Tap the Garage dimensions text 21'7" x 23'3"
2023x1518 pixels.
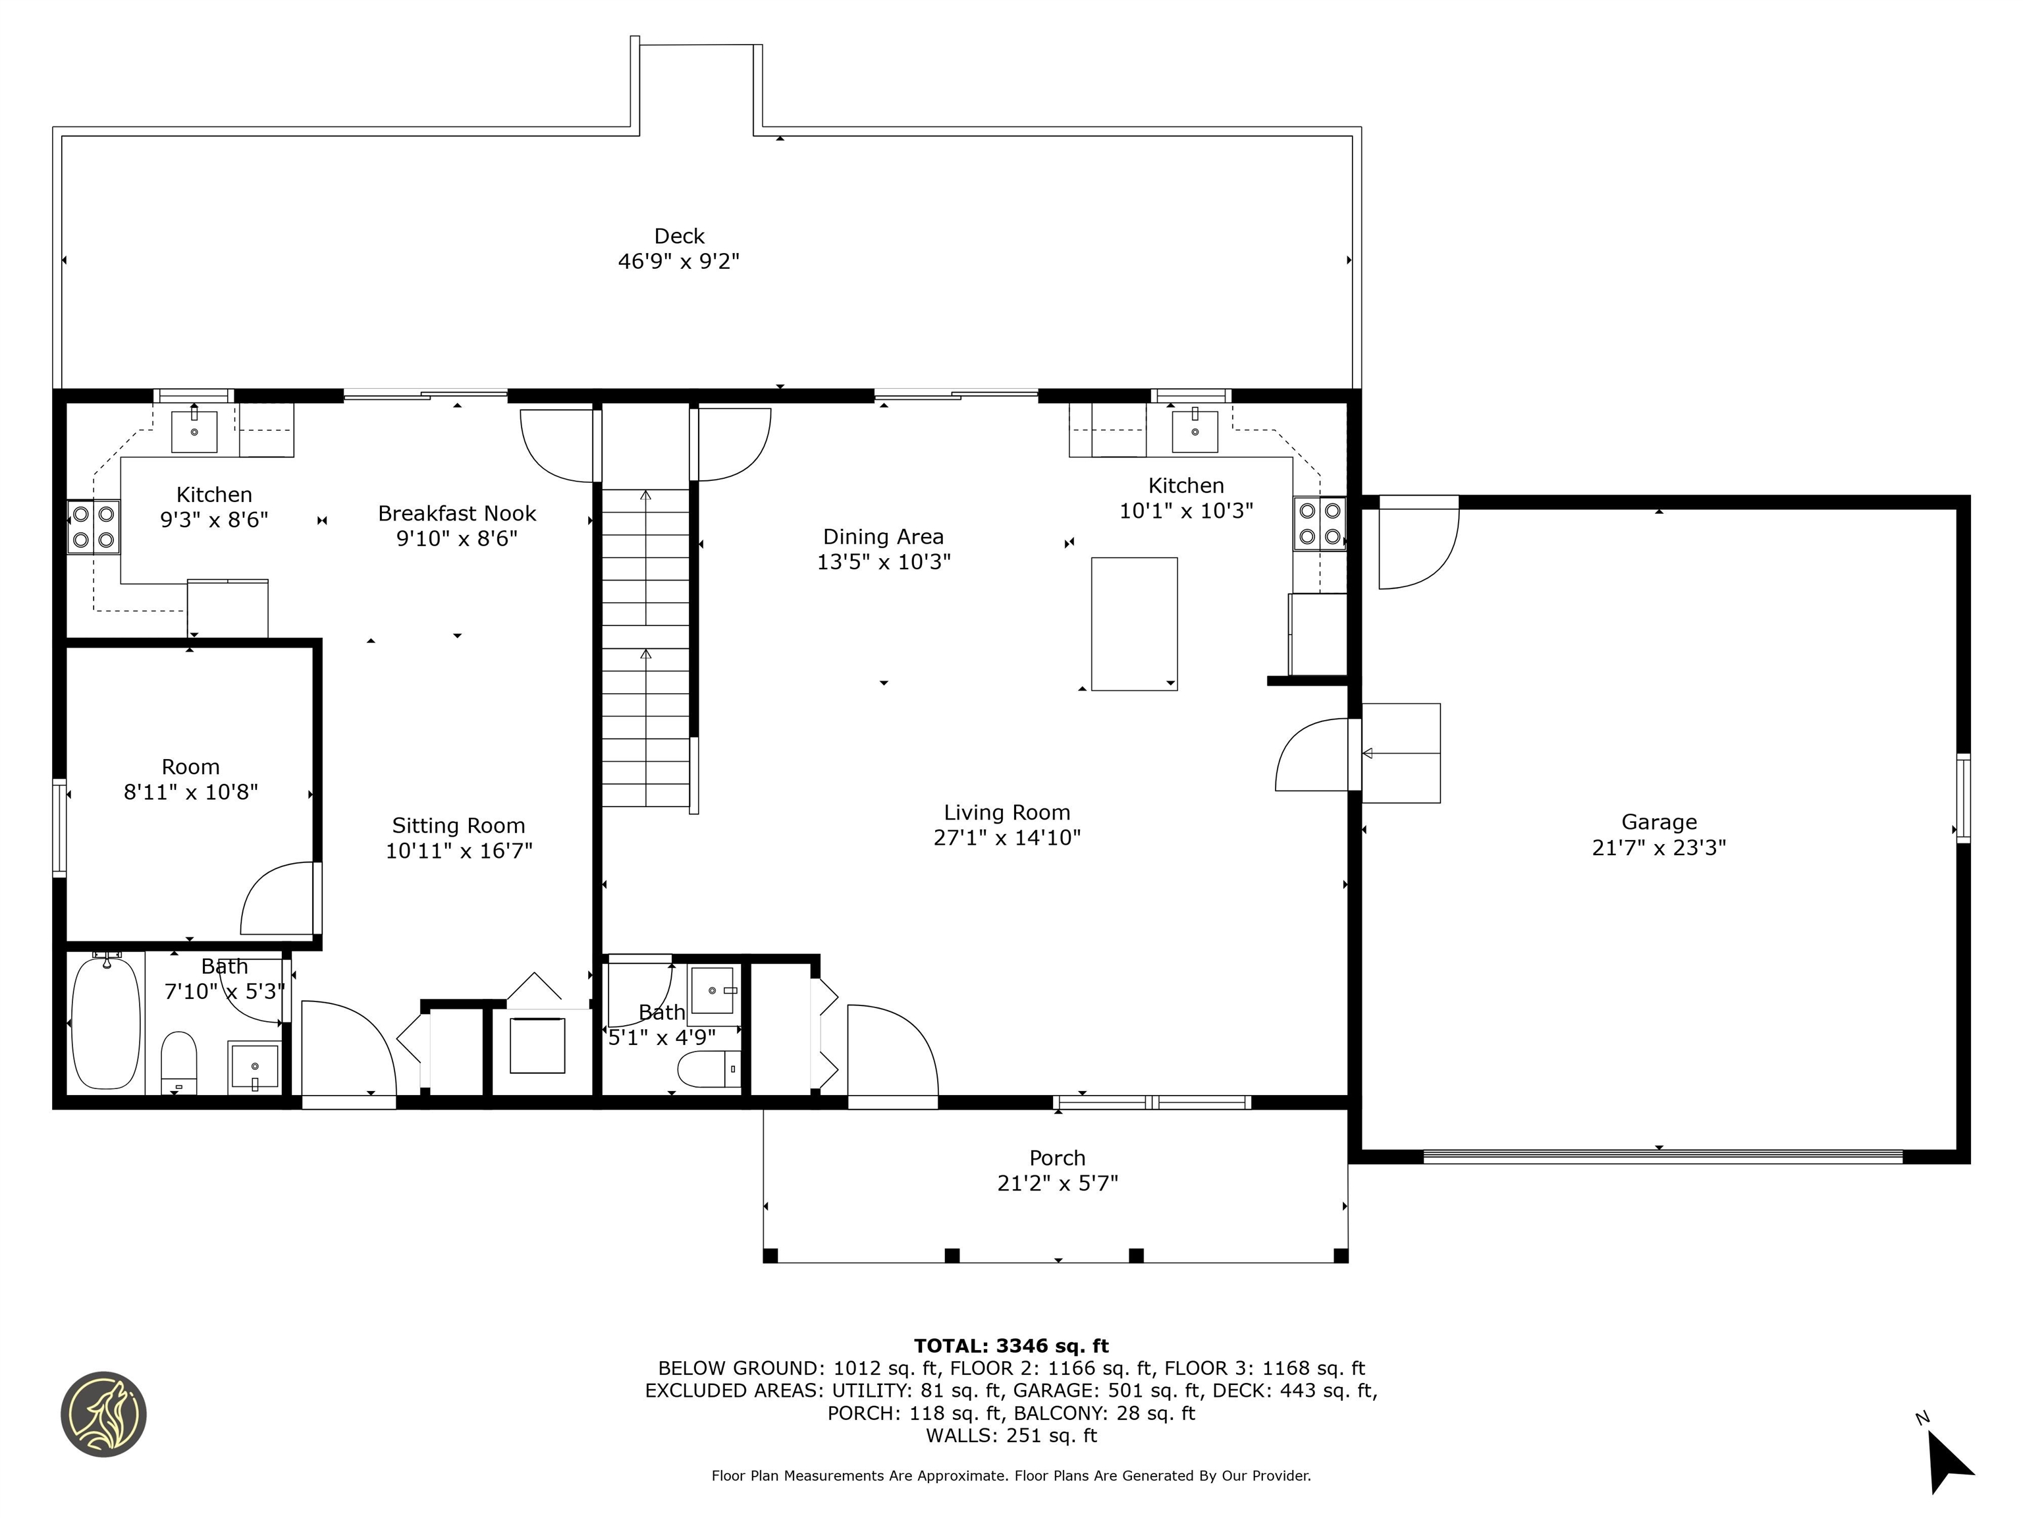[x=1658, y=847]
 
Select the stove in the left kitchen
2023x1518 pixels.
[x=94, y=526]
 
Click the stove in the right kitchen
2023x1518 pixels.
[x=1319, y=523]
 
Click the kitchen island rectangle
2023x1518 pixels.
[x=1133, y=623]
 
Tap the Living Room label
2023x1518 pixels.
[x=1006, y=812]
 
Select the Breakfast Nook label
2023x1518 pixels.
[x=456, y=513]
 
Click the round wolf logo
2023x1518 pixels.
[x=103, y=1414]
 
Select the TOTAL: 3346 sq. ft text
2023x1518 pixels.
[x=1011, y=1345]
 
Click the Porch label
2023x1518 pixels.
[x=1057, y=1158]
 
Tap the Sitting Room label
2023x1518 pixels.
[x=458, y=826]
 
